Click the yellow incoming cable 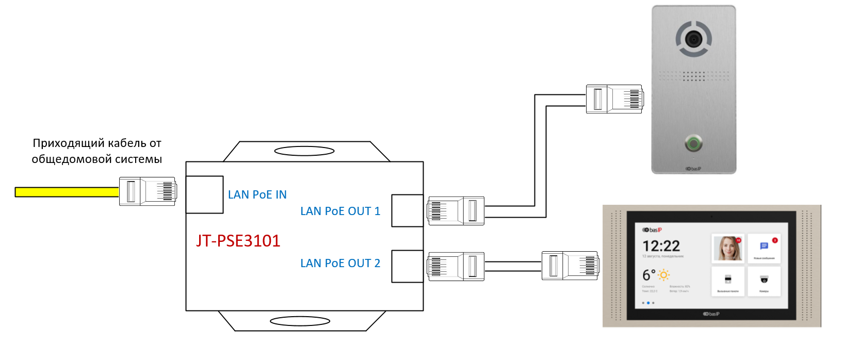[67, 192]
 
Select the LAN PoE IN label [257, 195]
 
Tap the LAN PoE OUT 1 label [340, 211]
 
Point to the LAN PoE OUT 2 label [340, 264]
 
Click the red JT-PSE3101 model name [238, 241]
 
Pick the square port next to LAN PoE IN [204, 194]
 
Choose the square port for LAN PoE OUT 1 [407, 210]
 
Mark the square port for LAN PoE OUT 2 [407, 266]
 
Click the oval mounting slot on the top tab [304, 151]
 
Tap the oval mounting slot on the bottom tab [300, 321]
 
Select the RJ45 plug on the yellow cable [148, 191]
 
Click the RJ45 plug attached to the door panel [614, 99]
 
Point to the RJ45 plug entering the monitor [570, 266]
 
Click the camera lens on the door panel [693, 38]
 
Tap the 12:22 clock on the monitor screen [661, 246]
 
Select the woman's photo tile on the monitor [727, 248]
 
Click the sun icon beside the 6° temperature [663, 275]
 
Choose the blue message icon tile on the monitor [764, 248]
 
